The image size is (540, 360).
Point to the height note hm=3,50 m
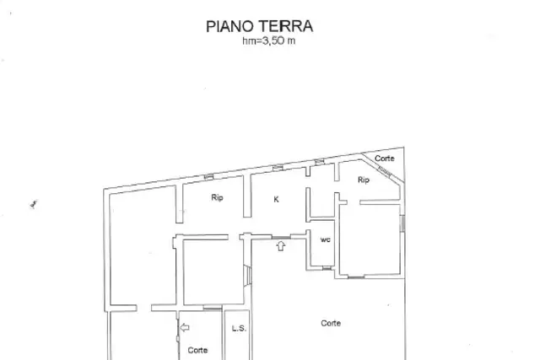point(268,41)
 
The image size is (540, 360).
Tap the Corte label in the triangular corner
point(385,159)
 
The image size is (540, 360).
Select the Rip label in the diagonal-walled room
point(364,180)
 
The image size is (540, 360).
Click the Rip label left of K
point(217,197)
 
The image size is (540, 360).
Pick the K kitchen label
point(276,199)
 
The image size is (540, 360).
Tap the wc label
point(326,239)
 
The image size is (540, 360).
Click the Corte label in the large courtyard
point(331,323)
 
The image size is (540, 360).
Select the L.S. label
point(239,328)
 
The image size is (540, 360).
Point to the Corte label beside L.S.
point(197,350)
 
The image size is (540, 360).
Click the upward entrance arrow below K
point(281,245)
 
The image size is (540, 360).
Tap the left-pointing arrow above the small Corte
point(185,327)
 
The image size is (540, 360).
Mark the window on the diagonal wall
point(385,171)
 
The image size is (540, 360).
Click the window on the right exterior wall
point(402,223)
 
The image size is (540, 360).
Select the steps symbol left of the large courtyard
point(248,275)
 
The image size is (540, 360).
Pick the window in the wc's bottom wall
point(327,268)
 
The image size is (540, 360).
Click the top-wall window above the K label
point(278,168)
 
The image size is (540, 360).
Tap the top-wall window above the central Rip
point(208,177)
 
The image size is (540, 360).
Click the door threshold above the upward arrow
point(281,237)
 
